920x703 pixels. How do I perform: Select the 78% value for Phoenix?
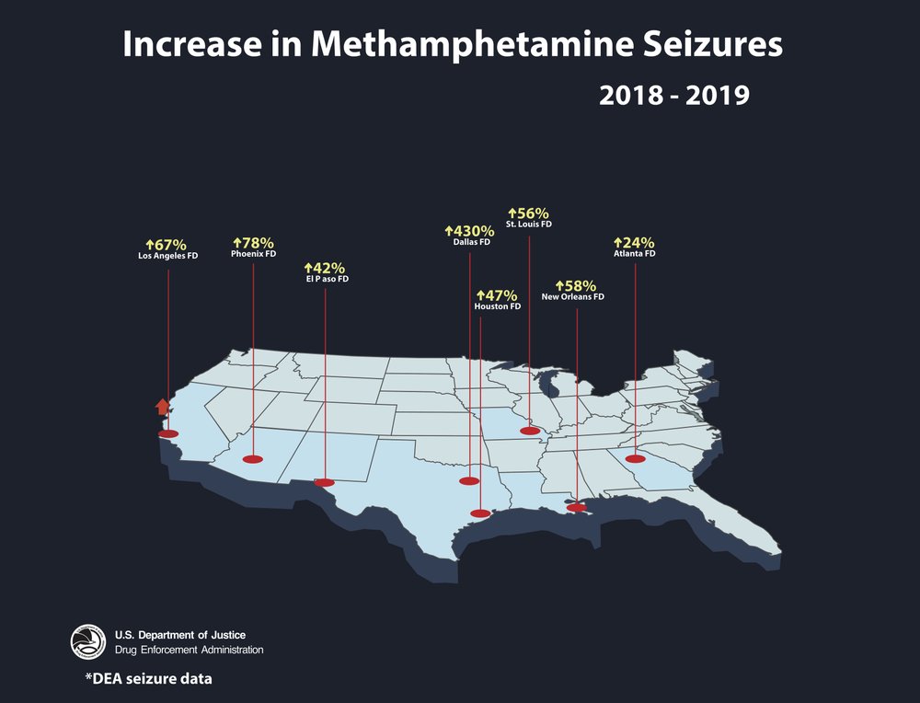coord(253,242)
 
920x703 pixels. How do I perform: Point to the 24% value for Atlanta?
coord(634,242)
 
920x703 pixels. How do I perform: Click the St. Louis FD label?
coord(529,225)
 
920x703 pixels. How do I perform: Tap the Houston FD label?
coord(498,306)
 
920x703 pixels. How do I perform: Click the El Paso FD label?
coord(327,278)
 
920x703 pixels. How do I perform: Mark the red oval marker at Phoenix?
coord(252,458)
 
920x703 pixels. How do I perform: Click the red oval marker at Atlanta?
coord(635,458)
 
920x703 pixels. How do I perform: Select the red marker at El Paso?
coord(325,481)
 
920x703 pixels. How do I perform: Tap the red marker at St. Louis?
coord(530,431)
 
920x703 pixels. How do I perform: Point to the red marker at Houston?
coord(480,513)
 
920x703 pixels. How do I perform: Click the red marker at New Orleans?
coord(576,507)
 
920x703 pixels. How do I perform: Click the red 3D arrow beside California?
coord(162,407)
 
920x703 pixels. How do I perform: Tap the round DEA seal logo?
coord(88,642)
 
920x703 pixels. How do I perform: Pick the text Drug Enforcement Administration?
coord(189,650)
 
